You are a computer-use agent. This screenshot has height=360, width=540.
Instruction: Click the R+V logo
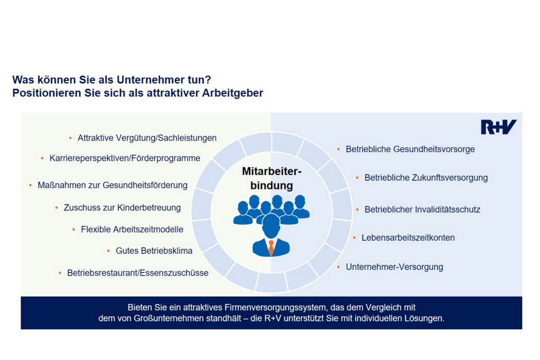click(x=499, y=127)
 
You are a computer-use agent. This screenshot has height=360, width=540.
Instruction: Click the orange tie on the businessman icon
click(x=271, y=248)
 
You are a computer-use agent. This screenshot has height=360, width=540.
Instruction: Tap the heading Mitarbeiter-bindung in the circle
click(x=272, y=178)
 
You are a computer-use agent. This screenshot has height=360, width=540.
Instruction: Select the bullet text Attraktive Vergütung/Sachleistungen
click(x=147, y=138)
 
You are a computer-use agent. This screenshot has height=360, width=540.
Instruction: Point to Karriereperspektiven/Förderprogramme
click(x=125, y=158)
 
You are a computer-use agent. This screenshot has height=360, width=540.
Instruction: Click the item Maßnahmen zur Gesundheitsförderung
click(x=113, y=185)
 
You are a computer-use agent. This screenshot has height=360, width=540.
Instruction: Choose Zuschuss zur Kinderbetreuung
click(x=122, y=207)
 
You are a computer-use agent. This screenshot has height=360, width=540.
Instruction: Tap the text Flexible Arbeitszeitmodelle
click(x=132, y=229)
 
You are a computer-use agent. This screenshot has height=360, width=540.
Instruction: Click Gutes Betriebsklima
click(x=154, y=251)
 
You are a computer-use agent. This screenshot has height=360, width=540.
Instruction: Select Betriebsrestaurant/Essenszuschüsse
click(x=138, y=273)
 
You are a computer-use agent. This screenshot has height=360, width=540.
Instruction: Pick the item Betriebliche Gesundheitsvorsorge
click(x=410, y=149)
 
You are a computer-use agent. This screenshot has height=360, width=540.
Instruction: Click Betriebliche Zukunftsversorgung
click(x=426, y=177)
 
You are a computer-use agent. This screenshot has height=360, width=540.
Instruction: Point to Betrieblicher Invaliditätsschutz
click(x=422, y=209)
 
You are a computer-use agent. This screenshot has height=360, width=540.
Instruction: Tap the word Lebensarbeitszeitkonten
click(x=408, y=238)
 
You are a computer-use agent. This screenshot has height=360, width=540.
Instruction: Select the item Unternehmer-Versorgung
click(x=394, y=267)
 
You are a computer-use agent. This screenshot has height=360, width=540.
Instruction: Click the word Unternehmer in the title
click(x=143, y=80)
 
